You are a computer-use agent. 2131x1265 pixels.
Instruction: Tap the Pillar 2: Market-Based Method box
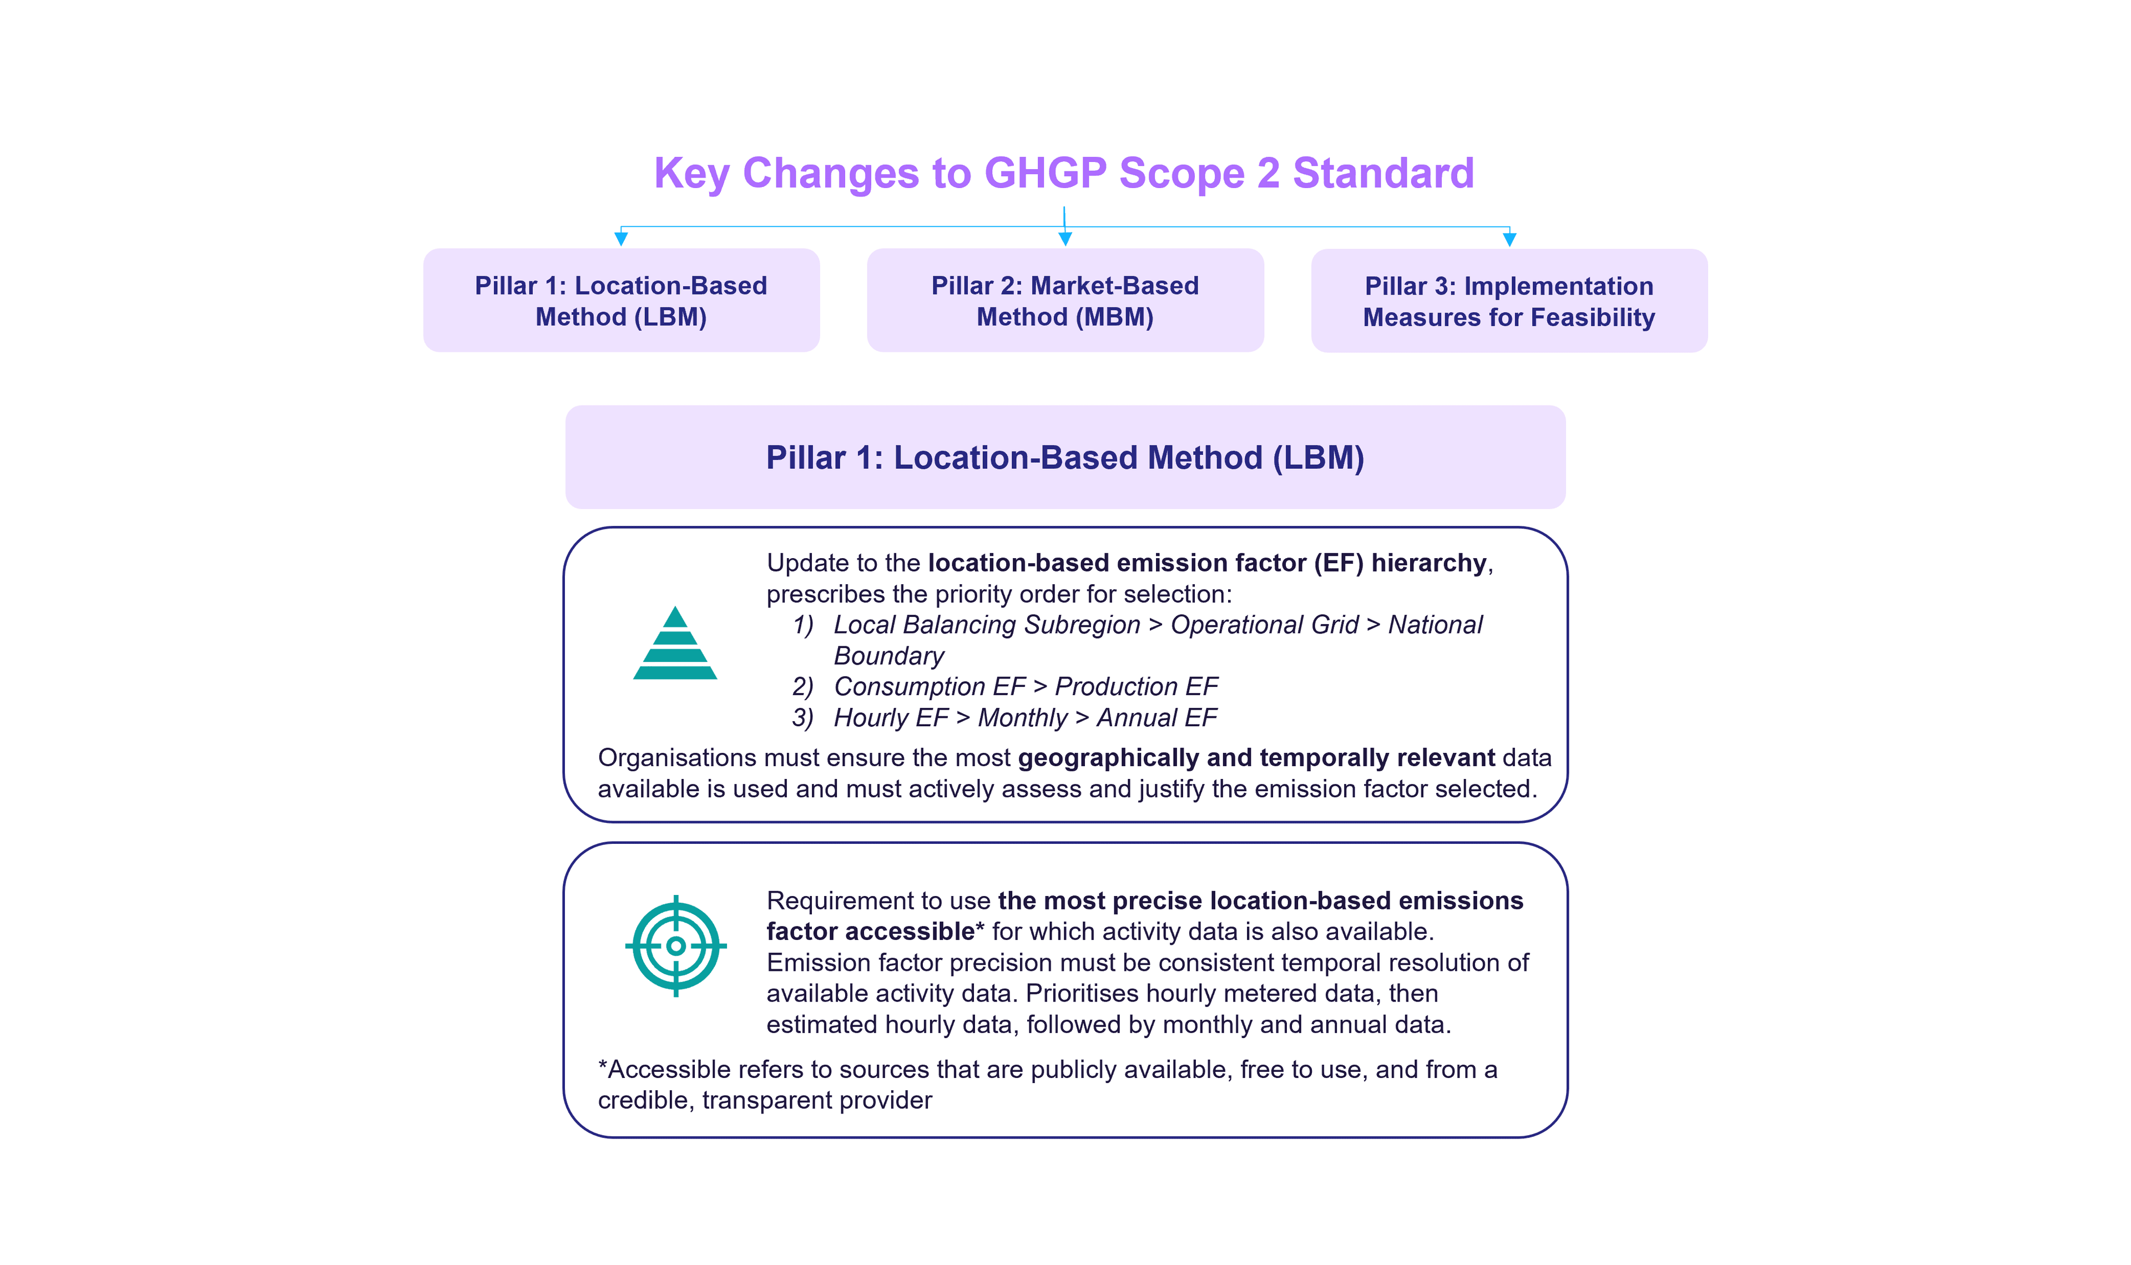[1064, 300]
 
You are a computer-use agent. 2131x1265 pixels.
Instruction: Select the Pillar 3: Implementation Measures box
[1509, 301]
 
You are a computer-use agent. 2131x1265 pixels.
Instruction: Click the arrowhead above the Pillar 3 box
[1509, 240]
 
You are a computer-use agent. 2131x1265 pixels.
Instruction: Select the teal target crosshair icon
[676, 945]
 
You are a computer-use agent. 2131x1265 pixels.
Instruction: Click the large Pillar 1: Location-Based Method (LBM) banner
[1064, 458]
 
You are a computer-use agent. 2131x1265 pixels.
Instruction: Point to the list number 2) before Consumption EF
[802, 686]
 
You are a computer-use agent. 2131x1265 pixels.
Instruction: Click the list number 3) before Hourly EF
[802, 718]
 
